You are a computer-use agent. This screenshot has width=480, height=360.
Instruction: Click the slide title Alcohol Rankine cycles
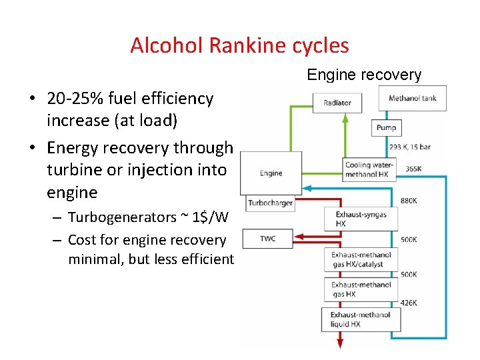click(239, 45)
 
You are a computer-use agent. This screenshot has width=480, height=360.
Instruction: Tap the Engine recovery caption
click(364, 75)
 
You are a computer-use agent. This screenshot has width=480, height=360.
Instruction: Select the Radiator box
click(337, 103)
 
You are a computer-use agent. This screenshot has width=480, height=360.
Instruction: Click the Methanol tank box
click(413, 99)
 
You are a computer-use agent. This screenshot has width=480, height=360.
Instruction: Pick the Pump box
click(386, 127)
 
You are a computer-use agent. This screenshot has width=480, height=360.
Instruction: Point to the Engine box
click(271, 173)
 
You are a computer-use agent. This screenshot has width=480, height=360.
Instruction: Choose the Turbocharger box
click(270, 203)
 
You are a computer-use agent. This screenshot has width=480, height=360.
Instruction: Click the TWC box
click(267, 238)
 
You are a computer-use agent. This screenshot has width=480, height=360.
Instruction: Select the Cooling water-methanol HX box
click(369, 169)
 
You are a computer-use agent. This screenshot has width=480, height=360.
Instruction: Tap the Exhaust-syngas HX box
click(361, 219)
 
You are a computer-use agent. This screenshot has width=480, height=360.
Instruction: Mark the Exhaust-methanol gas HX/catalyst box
click(361, 259)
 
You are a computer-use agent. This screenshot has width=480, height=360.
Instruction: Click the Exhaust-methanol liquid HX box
click(361, 319)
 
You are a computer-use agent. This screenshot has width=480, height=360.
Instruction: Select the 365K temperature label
click(413, 169)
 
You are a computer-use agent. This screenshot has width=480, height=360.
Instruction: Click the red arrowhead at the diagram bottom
click(340, 344)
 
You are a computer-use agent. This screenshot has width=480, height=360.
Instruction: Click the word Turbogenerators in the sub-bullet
click(120, 217)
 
